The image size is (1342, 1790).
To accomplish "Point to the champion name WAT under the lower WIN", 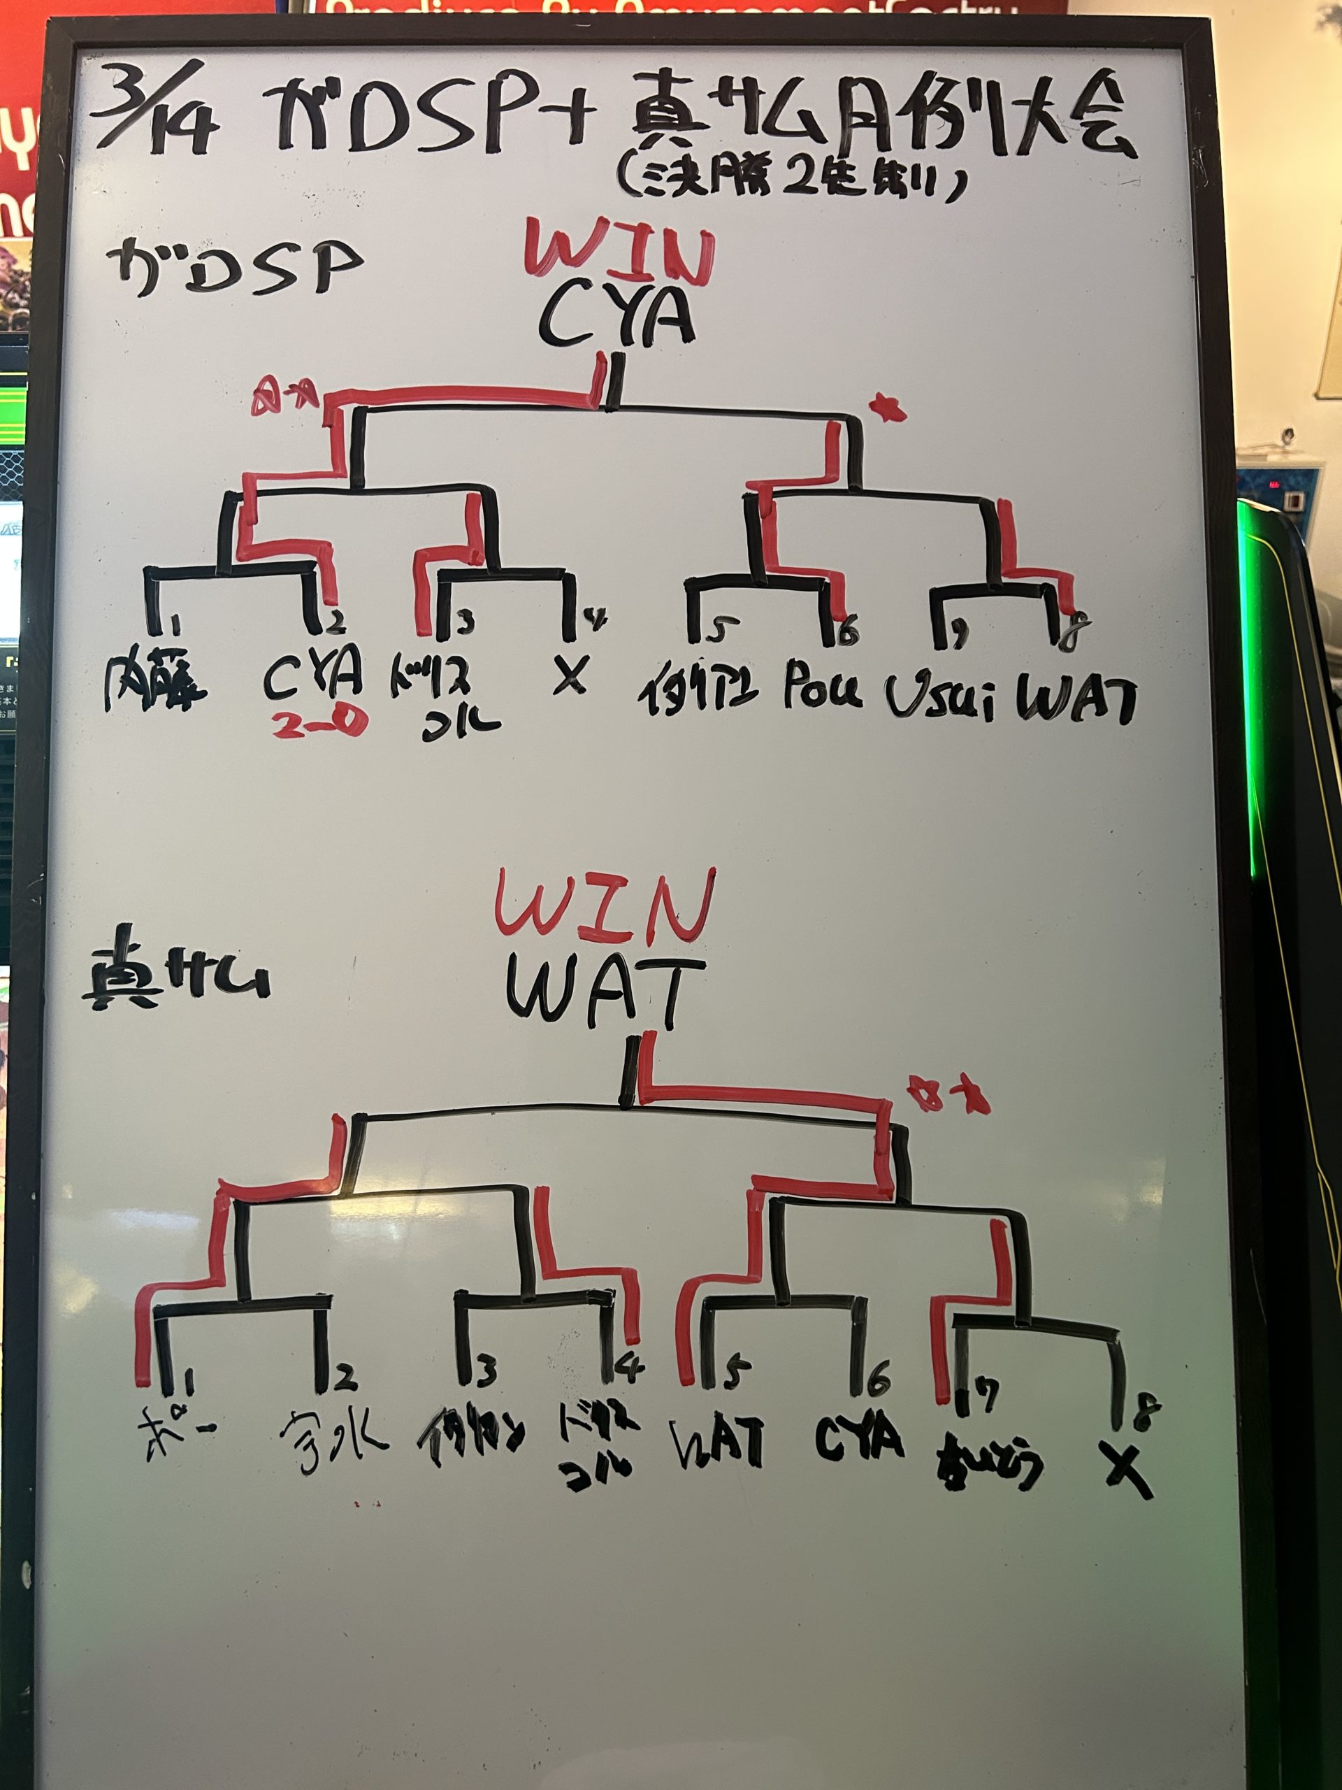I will click(x=605, y=992).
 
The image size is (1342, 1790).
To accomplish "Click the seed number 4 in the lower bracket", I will click(x=629, y=1368).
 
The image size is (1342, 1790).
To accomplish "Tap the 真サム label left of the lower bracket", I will click(x=175, y=980).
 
